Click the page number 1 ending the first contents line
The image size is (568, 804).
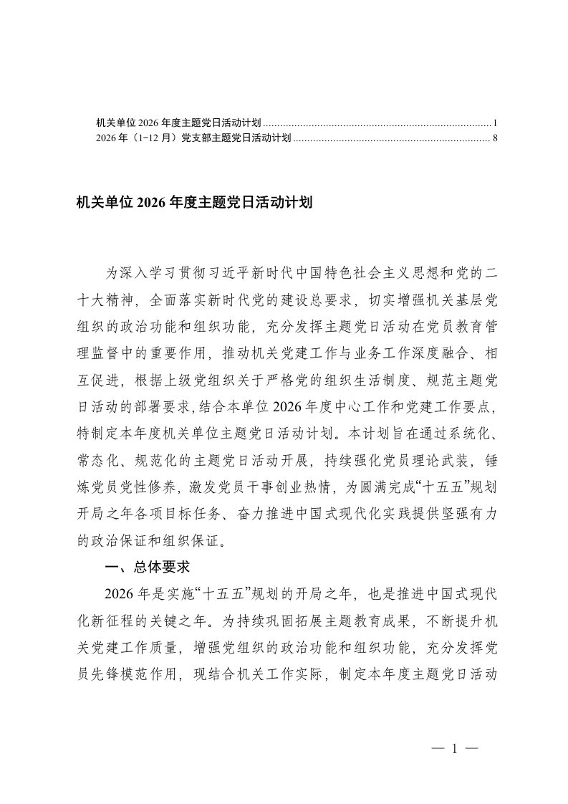coord(495,123)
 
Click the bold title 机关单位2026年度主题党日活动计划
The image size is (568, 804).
coord(195,203)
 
